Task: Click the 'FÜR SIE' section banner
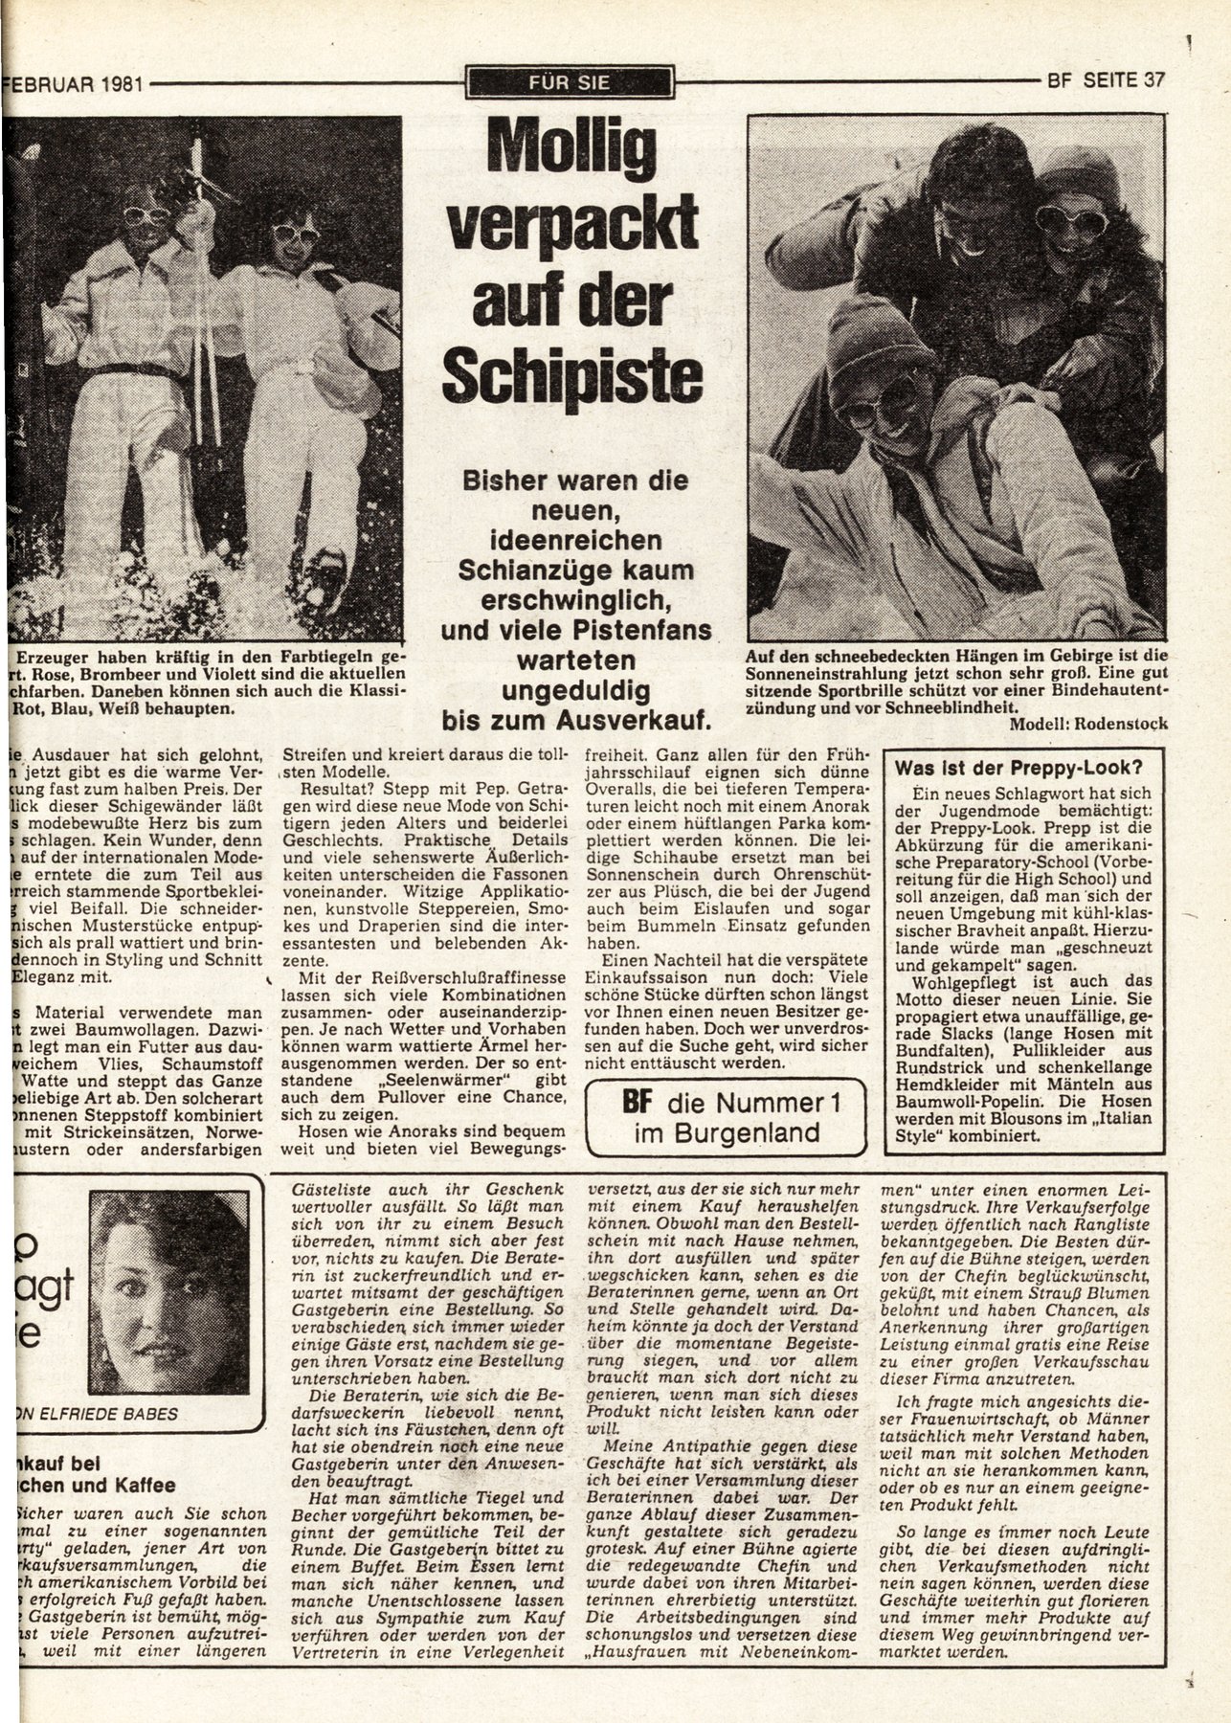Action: tap(569, 82)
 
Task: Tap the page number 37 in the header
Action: tap(1153, 81)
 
